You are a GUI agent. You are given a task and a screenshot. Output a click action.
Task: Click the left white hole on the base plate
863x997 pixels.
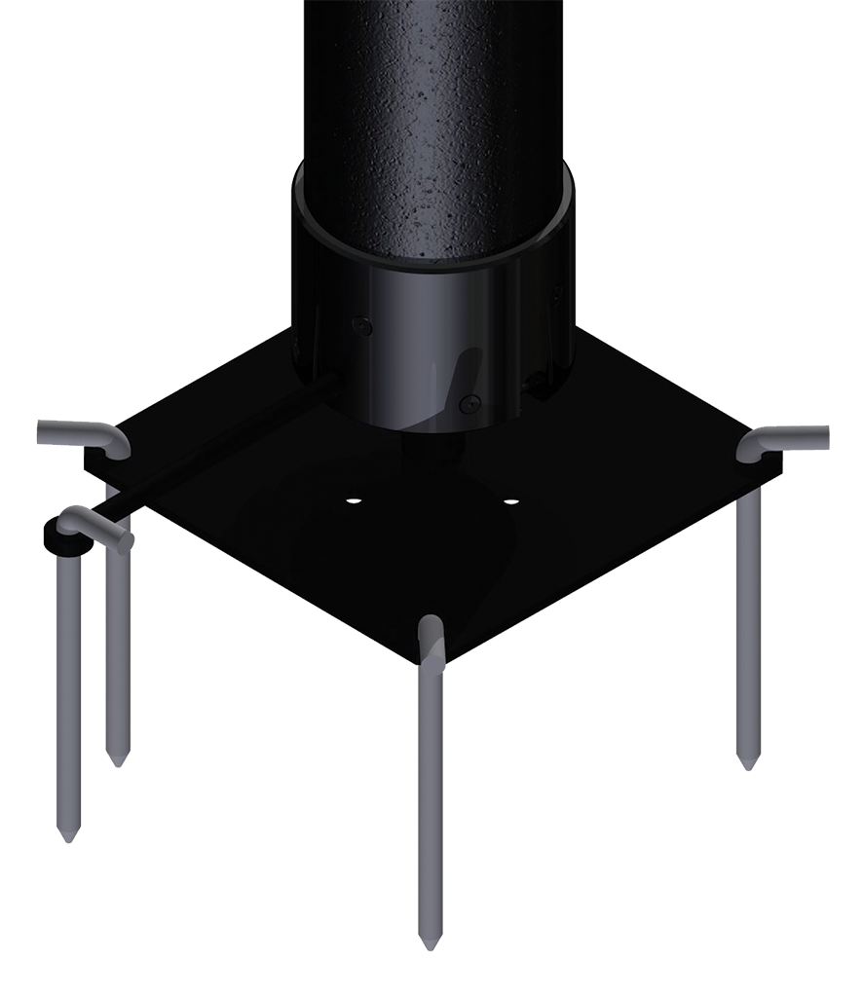[x=353, y=500]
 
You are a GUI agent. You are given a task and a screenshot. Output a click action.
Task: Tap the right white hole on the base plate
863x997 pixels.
[x=510, y=502]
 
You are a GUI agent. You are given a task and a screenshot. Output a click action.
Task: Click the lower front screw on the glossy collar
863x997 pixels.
[x=471, y=398]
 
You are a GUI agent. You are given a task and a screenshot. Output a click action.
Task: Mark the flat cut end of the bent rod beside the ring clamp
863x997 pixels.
[x=126, y=541]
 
